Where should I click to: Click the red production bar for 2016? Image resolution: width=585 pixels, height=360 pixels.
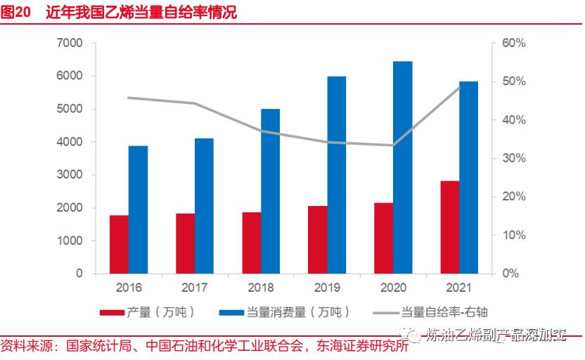[119, 244]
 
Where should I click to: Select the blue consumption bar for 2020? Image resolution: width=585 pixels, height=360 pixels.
[402, 167]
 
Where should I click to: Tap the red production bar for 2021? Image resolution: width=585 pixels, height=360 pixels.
[449, 227]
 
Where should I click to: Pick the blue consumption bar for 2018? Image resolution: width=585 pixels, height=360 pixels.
[271, 191]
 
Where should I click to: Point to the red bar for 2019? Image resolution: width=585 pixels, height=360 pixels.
[317, 240]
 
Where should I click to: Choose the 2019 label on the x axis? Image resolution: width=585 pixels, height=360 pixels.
[326, 288]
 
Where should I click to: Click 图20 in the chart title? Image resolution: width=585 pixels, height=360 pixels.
[15, 13]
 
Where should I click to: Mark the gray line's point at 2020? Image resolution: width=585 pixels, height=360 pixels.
[392, 146]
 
